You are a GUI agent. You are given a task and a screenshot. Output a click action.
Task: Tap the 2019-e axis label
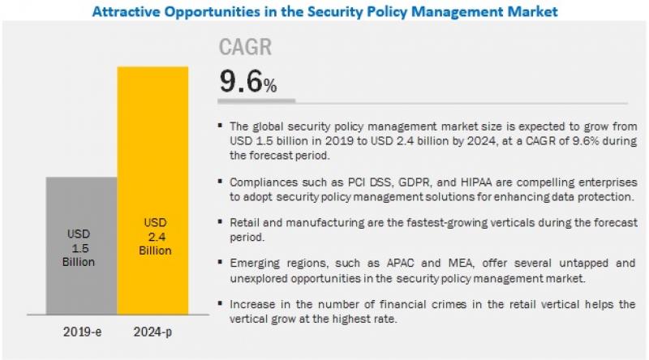click(x=81, y=332)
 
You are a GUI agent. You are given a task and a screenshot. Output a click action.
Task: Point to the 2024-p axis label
click(x=153, y=332)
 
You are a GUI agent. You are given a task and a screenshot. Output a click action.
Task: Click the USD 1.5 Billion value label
click(x=81, y=247)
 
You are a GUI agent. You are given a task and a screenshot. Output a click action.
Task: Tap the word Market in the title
click(x=533, y=12)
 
